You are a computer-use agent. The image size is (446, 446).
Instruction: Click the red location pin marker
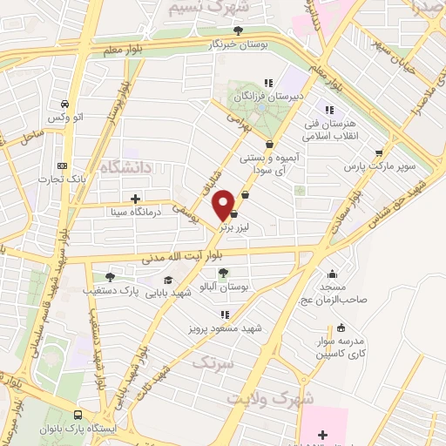coord(225,204)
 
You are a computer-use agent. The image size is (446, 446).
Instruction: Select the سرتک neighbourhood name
coord(214,362)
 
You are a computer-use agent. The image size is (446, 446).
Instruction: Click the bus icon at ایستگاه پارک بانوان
coord(78,416)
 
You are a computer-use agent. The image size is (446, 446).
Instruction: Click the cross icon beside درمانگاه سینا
coord(135,199)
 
